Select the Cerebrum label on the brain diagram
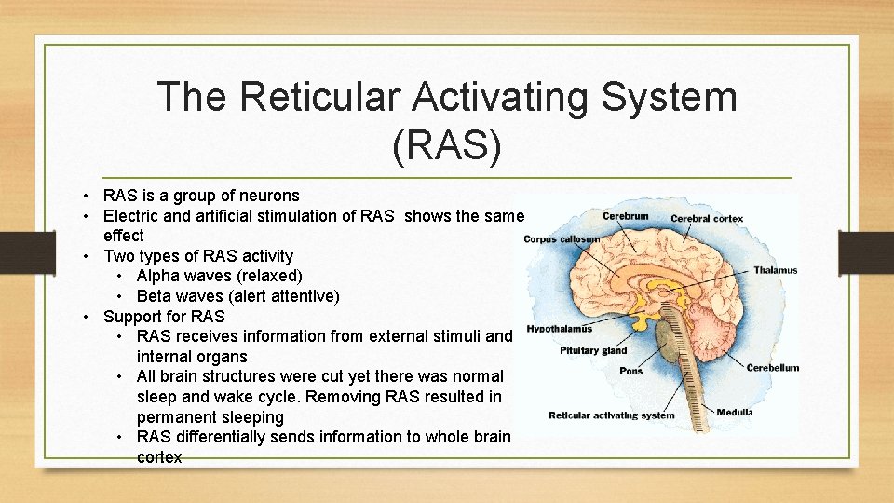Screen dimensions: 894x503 [625, 216]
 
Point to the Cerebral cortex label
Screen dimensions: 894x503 [707, 219]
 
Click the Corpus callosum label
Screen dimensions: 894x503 [562, 239]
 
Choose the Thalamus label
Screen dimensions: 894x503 [775, 270]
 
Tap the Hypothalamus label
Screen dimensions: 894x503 [560, 329]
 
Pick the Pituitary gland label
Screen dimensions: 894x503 [593, 351]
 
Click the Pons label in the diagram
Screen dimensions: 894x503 [630, 371]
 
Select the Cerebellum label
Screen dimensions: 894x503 [772, 368]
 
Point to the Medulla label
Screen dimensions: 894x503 [735, 412]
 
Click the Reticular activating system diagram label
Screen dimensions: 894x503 [611, 415]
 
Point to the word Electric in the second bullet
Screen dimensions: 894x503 [131, 216]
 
